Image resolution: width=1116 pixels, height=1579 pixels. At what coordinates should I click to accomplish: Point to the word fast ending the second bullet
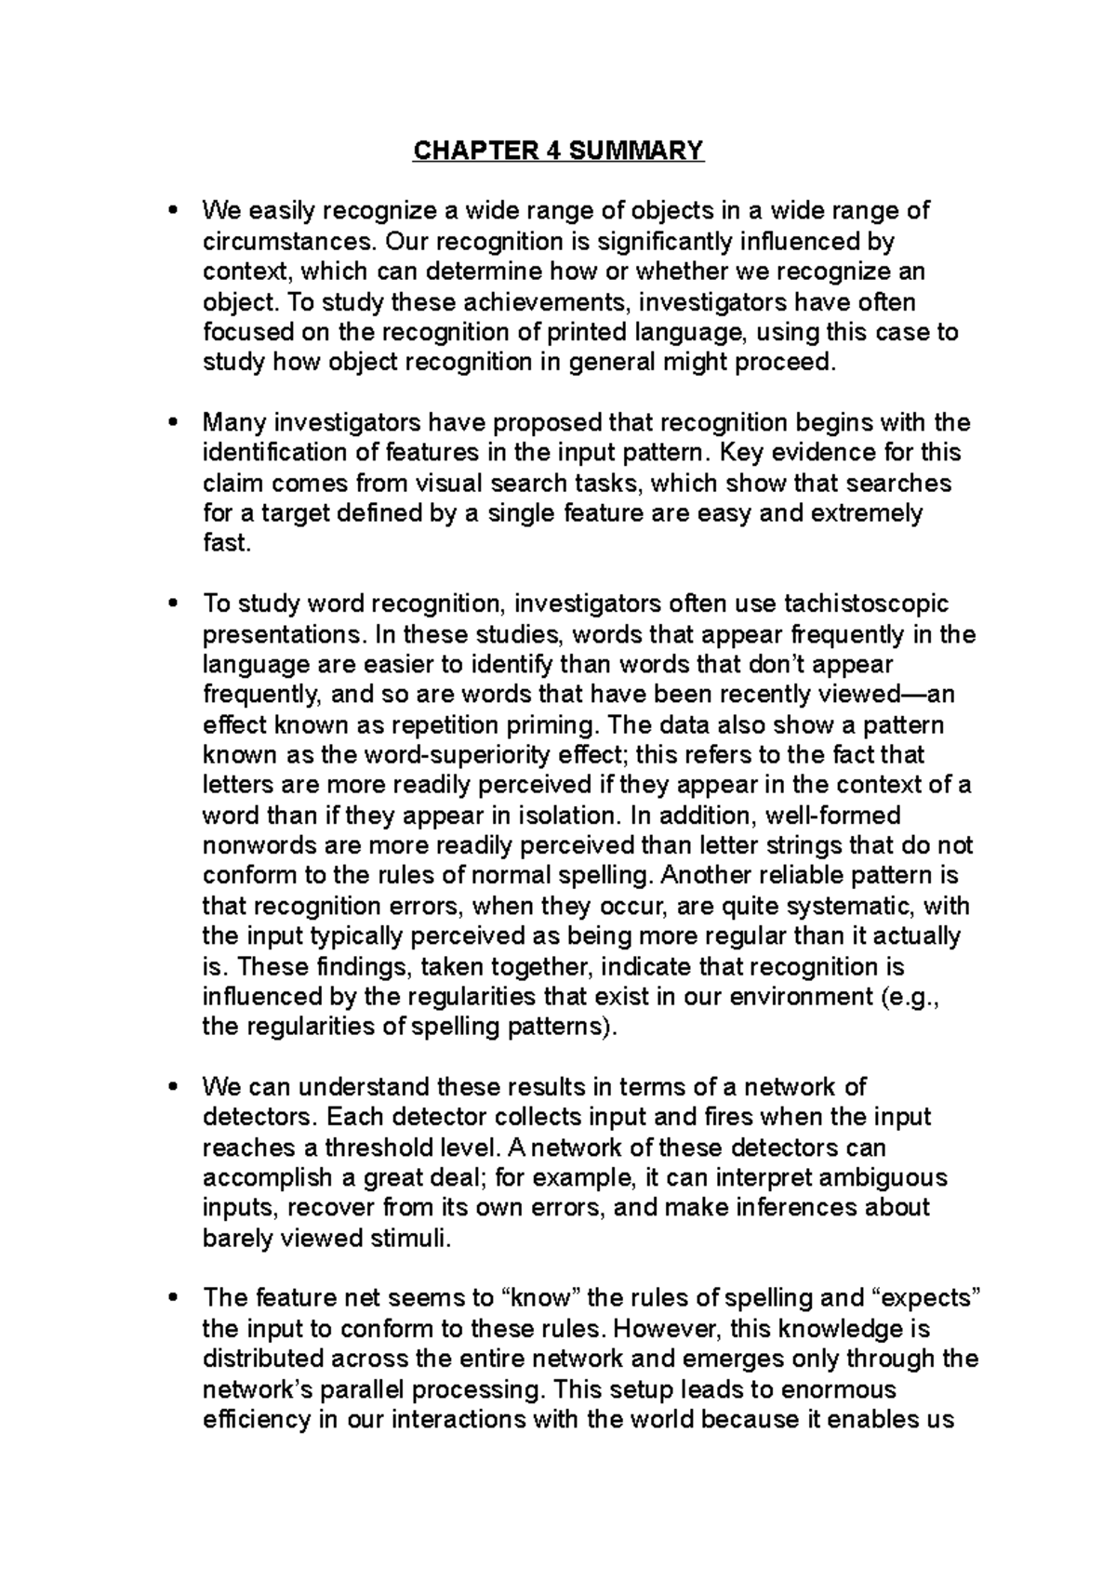click(226, 543)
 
